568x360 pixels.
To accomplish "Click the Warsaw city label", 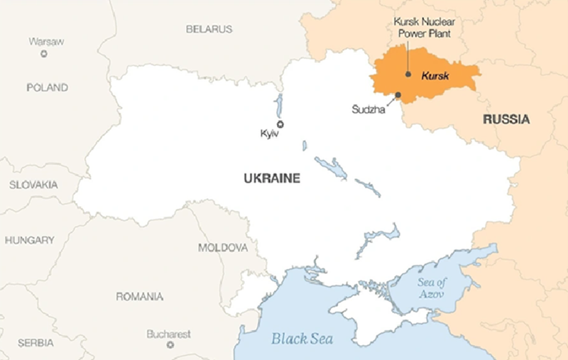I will tap(46, 41).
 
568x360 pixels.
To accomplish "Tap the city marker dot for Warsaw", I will tap(44, 53).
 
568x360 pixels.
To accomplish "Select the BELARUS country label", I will tap(209, 29).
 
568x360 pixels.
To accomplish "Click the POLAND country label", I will tap(47, 88).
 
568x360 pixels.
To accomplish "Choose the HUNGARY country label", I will tap(30, 240).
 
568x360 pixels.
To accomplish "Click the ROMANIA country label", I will tap(139, 296).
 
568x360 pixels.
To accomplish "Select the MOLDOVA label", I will tap(223, 248).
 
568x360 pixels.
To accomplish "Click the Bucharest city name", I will tap(169, 333).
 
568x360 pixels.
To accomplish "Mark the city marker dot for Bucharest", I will tap(170, 344).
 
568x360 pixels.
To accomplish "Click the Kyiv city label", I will tap(270, 134).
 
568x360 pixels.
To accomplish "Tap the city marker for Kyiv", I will tap(280, 124).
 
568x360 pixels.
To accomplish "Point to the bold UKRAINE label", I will tap(272, 179).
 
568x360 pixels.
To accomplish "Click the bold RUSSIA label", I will tap(506, 119).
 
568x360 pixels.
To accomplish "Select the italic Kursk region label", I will tap(435, 75).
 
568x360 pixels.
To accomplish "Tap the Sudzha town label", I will tap(368, 109).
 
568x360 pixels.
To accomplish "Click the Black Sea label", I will tap(302, 338).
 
